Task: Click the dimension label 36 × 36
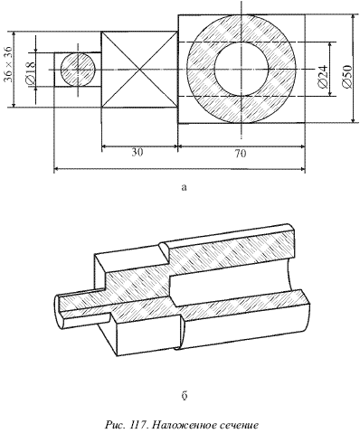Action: [8, 64]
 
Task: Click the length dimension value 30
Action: [137, 153]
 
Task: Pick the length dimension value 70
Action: [241, 154]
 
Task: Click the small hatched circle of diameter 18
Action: [78, 70]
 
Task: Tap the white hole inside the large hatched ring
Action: [242, 69]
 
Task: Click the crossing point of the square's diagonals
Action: [139, 70]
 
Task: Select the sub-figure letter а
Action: [185, 187]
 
